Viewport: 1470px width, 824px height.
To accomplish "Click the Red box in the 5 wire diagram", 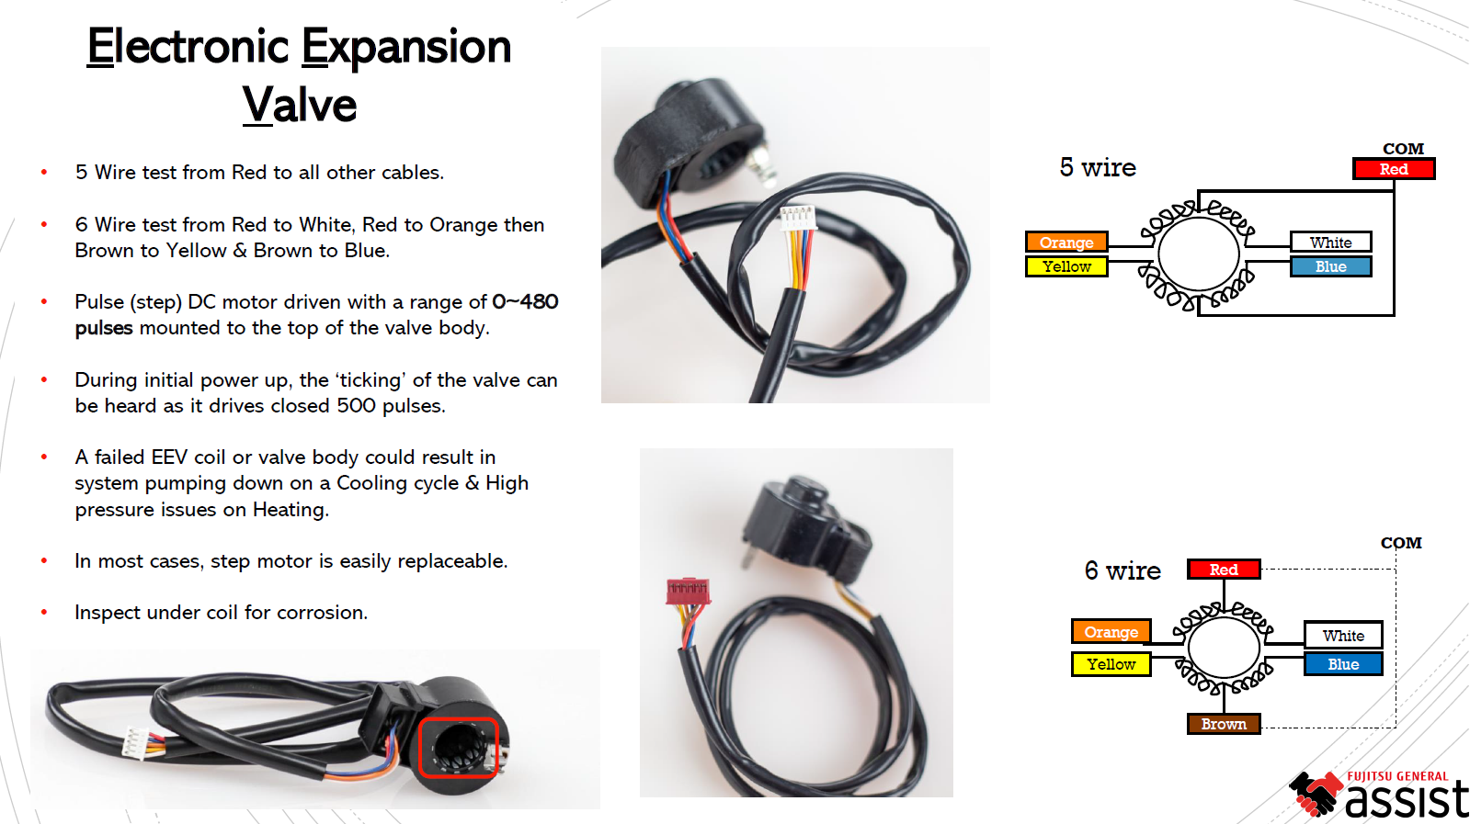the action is coord(1393,169).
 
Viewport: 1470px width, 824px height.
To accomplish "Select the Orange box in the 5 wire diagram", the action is coord(1066,243).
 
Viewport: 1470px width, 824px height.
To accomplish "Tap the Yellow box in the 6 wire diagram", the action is coord(1111,664).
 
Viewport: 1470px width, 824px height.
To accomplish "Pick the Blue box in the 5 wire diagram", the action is coord(1330,266).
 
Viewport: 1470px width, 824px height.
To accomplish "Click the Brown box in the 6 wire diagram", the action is coord(1223,724).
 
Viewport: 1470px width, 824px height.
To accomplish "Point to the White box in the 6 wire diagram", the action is coord(1342,636).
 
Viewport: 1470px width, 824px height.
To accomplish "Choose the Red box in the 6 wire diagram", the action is coord(1223,570).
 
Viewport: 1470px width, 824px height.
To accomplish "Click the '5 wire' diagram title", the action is coord(1098,167).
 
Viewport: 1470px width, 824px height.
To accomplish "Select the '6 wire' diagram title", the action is coord(1122,570).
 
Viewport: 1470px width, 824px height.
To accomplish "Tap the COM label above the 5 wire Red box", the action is coord(1403,149).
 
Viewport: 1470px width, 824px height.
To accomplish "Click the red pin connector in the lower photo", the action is coord(688,590).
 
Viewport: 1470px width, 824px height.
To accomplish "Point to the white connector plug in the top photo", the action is coord(797,218).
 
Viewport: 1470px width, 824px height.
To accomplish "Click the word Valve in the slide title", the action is coord(300,105).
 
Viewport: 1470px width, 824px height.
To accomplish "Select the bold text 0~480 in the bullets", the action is coord(525,301).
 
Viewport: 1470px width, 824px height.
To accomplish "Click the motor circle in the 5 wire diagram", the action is coord(1198,254).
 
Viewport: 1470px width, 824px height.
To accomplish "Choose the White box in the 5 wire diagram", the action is coord(1330,243).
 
